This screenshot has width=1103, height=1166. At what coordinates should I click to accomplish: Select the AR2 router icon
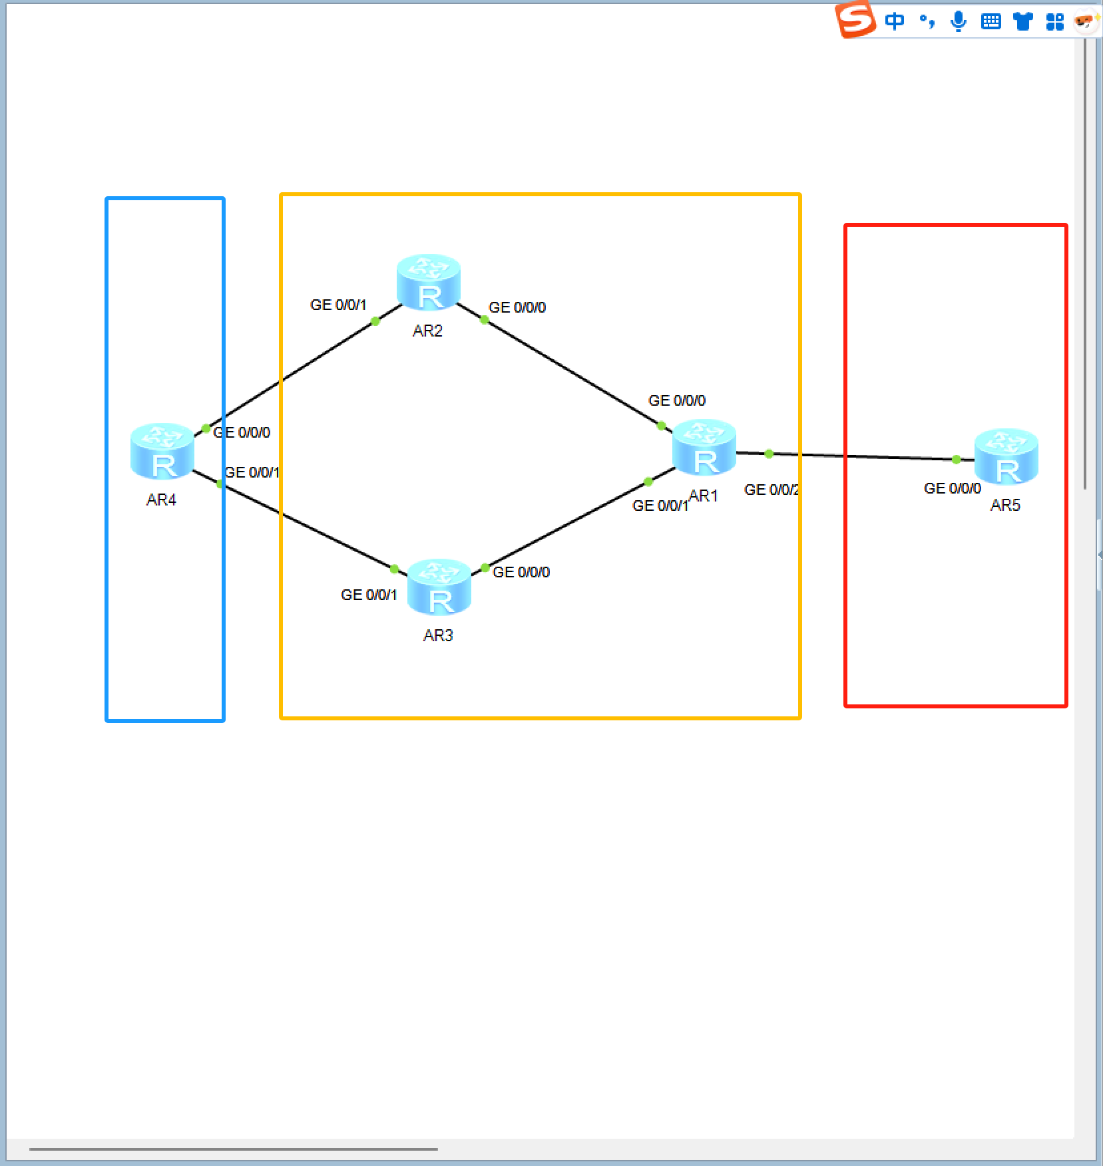[x=428, y=282]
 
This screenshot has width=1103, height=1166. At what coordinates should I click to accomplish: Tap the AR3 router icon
[x=439, y=587]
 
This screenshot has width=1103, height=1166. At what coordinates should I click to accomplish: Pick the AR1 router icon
[x=704, y=447]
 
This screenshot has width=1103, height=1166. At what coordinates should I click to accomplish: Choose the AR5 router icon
[x=1006, y=456]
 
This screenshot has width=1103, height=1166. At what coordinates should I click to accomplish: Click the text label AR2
[x=427, y=331]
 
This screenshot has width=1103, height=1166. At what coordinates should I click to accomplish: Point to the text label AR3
[x=438, y=635]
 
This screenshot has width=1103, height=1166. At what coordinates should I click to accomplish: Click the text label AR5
[x=1005, y=505]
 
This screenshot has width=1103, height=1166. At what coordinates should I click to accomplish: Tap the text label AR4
[x=161, y=500]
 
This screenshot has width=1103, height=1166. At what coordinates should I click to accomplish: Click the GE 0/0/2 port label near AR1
[x=772, y=490]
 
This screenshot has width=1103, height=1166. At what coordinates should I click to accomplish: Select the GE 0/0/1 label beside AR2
[x=338, y=305]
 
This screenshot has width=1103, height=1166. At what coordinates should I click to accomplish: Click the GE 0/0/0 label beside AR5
[x=952, y=488]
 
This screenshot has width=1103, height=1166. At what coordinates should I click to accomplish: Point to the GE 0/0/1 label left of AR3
[x=369, y=595]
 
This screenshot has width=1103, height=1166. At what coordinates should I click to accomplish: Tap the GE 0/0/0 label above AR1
[x=676, y=400]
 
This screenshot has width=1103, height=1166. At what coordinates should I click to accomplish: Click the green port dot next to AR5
[x=956, y=459]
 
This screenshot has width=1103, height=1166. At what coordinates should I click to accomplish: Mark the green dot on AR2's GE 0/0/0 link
[x=484, y=320]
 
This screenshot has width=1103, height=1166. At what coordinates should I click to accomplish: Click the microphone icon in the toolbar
[x=959, y=21]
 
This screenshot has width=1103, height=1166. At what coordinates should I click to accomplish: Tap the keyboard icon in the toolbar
[x=991, y=21]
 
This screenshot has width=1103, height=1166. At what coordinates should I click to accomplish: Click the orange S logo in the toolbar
[x=855, y=19]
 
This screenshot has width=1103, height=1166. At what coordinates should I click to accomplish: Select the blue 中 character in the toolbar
[x=895, y=21]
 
